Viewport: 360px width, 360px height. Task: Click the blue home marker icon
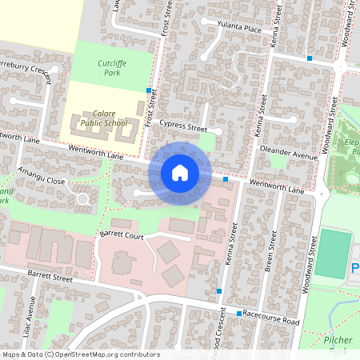[x=180, y=173]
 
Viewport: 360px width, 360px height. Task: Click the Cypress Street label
[x=182, y=126]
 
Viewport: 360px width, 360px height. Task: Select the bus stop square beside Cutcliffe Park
[x=149, y=90]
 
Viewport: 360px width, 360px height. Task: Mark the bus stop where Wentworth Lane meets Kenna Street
[x=226, y=179]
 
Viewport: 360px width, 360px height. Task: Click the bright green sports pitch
[x=333, y=254]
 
